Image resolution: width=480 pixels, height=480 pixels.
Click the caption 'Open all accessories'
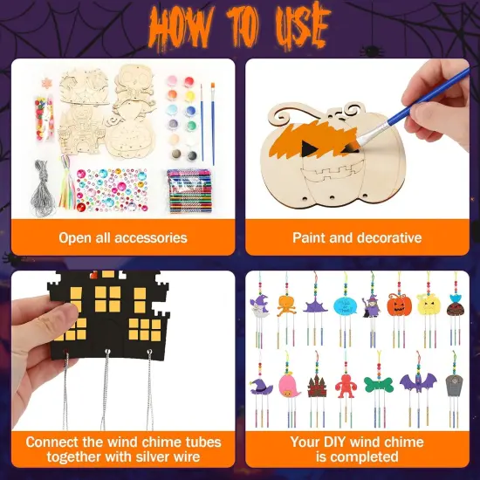pyautogui.click(x=123, y=237)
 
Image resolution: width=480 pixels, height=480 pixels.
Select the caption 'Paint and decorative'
pyautogui.click(x=357, y=237)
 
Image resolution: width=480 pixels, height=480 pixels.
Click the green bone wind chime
pyautogui.click(x=381, y=383)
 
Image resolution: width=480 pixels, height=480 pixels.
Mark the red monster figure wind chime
pyautogui.click(x=348, y=384)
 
